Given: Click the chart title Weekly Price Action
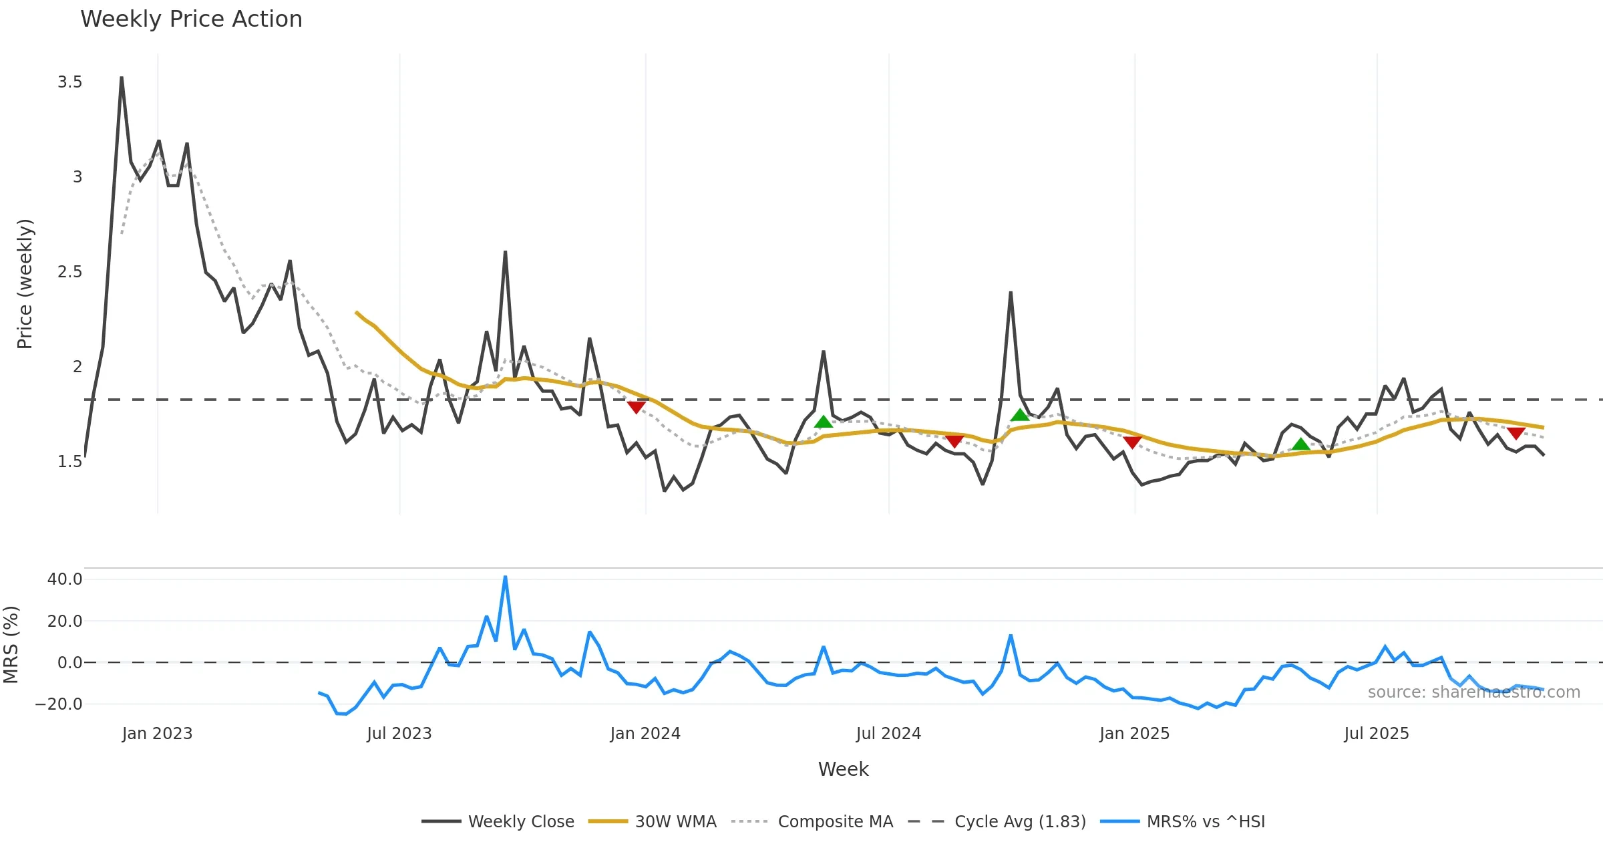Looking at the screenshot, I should pos(191,19).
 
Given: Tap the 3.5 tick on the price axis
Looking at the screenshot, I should pos(70,82).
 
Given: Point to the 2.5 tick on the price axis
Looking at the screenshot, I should pos(70,272).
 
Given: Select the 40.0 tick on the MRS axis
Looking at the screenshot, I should pos(65,579).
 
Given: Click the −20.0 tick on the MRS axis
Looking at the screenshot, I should pos(59,704).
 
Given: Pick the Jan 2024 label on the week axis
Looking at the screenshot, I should pos(645,734).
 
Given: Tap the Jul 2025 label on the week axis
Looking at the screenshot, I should pos(1376,734).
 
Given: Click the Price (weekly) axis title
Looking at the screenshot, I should pos(25,284).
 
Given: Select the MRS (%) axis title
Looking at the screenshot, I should pos(11,645).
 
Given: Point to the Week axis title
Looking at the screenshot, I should pos(843,770).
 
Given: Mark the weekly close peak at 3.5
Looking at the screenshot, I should pos(122,78).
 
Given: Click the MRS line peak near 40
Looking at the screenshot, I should pos(505,577).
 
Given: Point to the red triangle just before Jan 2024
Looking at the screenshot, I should pos(636,407).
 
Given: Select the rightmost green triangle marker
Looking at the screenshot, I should pos(1300,444).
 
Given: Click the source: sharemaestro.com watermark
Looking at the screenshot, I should pos(1473,692).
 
